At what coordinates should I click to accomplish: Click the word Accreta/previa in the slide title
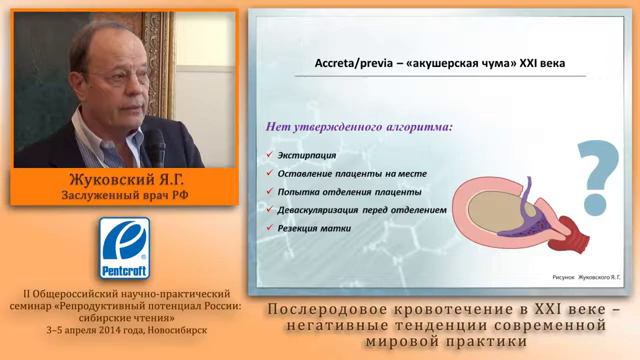pyautogui.click(x=334, y=63)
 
